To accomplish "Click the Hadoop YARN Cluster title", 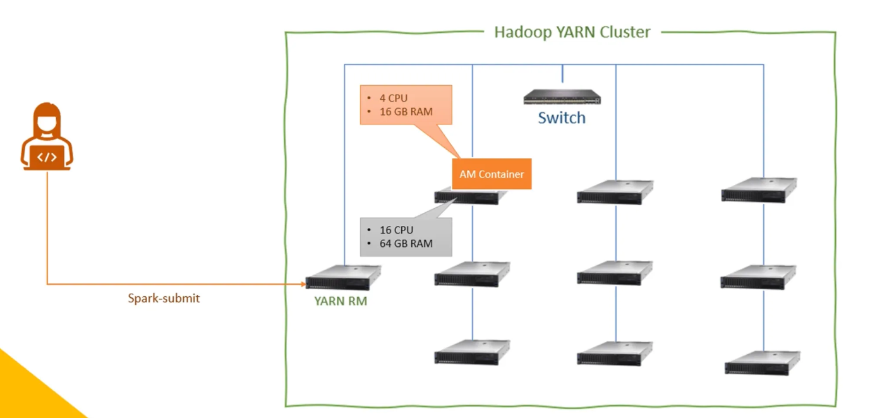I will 572,32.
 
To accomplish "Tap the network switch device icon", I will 562,97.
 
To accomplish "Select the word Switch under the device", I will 562,118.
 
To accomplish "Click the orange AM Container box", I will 492,174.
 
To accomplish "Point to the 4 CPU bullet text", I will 394,98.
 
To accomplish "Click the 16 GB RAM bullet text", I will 406,112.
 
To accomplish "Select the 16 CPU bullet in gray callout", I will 396,230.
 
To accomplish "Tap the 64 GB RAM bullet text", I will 406,243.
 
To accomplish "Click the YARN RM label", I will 341,301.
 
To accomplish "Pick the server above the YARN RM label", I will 343,278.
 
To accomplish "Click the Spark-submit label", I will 164,298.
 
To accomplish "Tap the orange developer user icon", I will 47,138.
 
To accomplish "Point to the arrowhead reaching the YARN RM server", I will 303,284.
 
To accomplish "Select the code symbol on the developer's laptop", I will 47,157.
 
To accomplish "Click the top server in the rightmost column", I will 759,190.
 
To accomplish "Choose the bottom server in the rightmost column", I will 762,363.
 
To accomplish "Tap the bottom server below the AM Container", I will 472,352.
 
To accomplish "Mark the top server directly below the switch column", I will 615,192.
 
